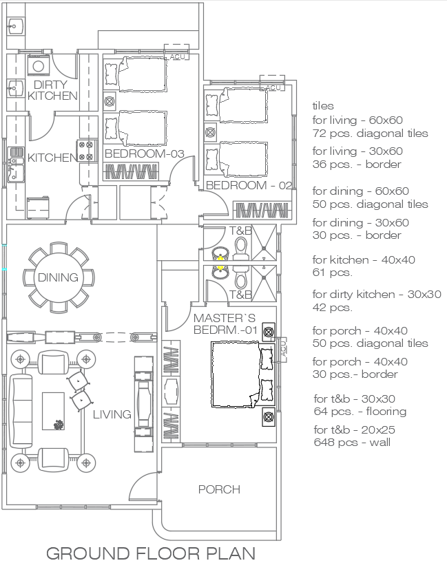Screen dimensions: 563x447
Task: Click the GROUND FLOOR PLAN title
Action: tap(151, 553)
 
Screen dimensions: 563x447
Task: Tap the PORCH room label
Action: tap(219, 489)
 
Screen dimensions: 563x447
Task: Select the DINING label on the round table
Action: tap(57, 278)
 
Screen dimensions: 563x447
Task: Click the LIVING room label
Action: tap(112, 414)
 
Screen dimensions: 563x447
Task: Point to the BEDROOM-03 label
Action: tap(144, 153)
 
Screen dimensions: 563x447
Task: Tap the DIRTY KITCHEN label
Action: tap(52, 90)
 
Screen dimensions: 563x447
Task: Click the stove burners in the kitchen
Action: tap(87, 151)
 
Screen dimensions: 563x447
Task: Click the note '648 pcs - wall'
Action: tap(351, 442)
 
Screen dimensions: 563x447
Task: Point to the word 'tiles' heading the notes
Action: tap(323, 106)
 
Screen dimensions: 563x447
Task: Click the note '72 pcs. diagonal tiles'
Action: tap(370, 133)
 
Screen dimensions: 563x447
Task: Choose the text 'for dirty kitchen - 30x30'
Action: tap(376, 295)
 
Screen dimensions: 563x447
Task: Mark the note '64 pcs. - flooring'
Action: tap(360, 412)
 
